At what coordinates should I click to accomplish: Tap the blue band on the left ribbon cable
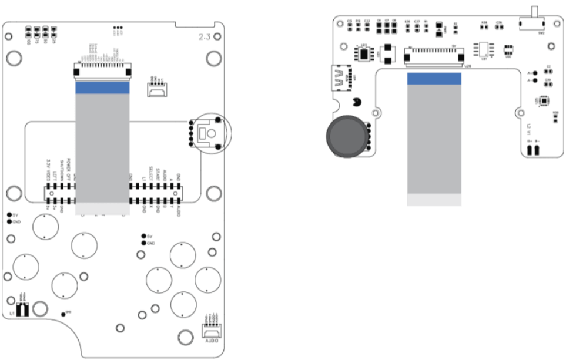102,88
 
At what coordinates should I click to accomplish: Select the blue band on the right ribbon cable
434,78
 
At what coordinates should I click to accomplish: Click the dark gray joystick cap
346,136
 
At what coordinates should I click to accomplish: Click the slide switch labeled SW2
535,23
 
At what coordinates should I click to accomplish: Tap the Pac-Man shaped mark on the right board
356,105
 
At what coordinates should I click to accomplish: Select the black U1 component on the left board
24,309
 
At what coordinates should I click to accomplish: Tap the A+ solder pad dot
535,73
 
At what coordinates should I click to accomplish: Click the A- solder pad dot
535,80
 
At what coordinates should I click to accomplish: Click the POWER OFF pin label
68,169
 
